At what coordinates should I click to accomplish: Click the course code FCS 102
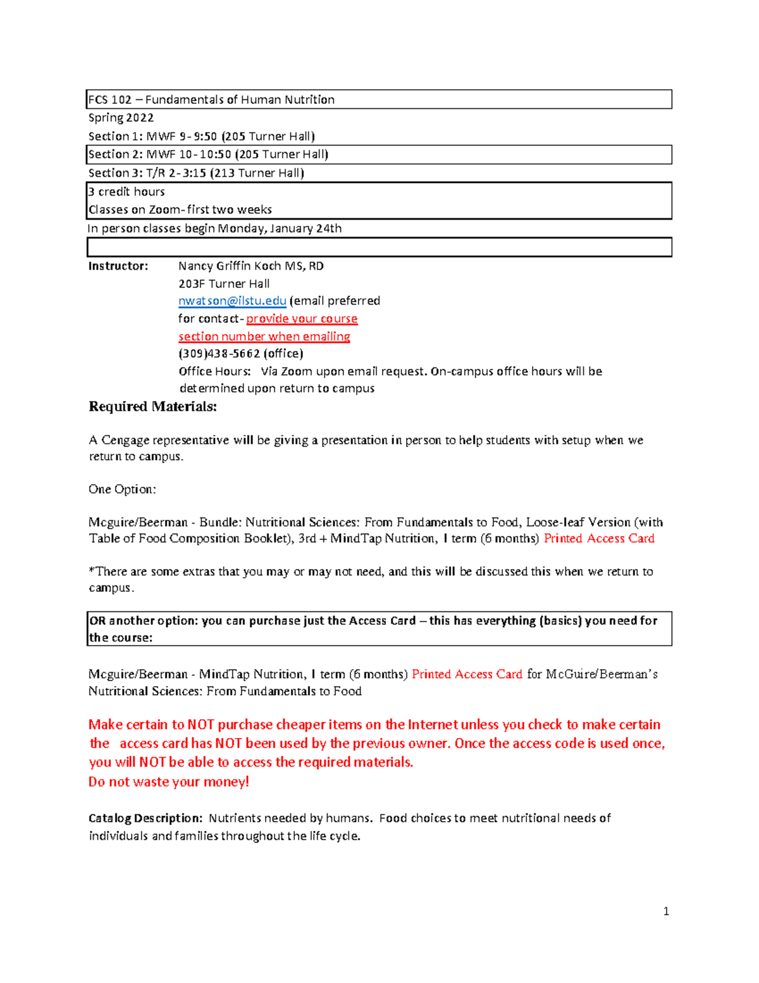(110, 100)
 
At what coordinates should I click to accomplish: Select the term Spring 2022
(121, 118)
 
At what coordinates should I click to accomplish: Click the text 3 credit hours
(126, 192)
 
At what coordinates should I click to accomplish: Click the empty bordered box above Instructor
(379, 247)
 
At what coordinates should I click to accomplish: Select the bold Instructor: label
(118, 266)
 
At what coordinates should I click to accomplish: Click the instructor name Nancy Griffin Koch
(231, 266)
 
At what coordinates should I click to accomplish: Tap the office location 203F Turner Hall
(224, 284)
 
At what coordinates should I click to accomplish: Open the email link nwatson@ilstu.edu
(232, 301)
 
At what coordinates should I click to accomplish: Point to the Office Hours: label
(214, 372)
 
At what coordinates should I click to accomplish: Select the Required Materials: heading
(152, 406)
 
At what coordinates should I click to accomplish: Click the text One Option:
(122, 489)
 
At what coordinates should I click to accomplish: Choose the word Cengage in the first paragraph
(125, 440)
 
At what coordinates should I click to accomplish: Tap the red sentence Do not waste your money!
(169, 782)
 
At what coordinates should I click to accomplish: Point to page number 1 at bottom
(666, 911)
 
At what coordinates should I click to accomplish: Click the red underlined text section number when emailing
(264, 336)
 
